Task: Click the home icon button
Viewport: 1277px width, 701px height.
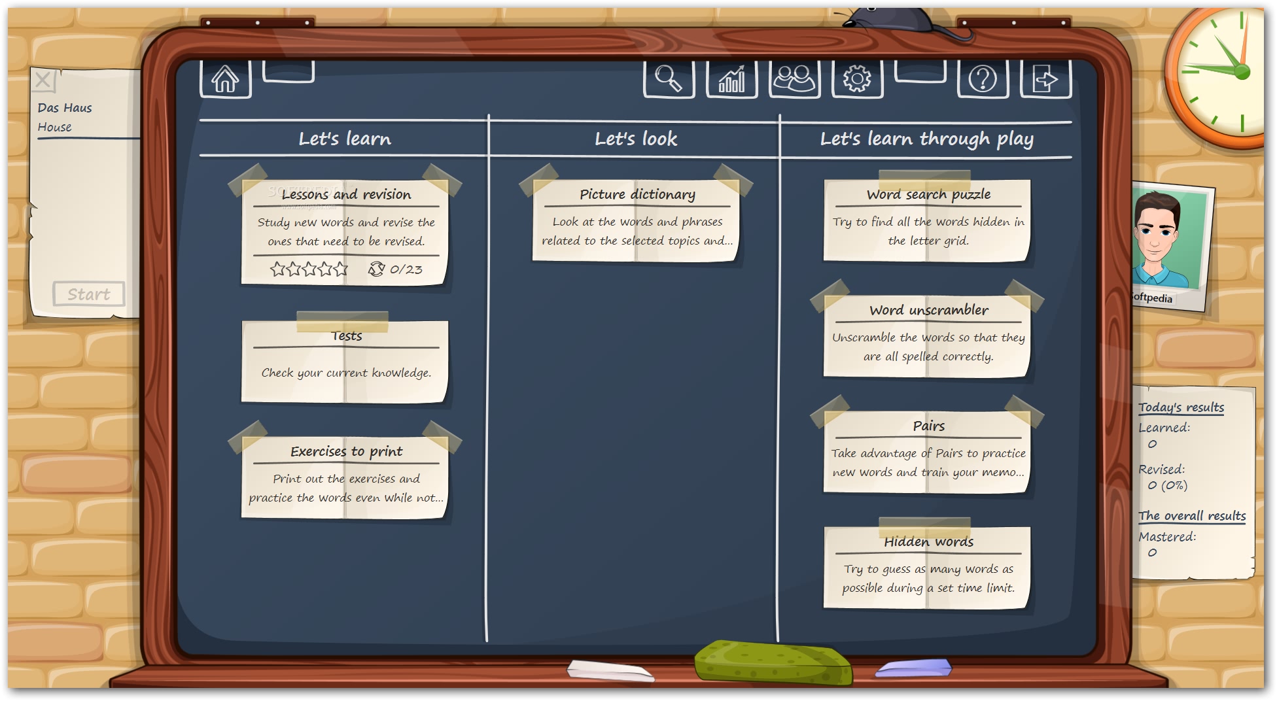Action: pos(225,79)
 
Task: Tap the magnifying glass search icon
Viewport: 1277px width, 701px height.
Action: pos(669,78)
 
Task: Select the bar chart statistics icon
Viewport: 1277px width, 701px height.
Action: pos(731,79)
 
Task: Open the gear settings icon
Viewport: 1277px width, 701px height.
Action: pos(857,78)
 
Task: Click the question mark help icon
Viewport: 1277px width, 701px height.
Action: pos(983,79)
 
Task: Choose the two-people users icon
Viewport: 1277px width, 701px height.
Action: pos(794,78)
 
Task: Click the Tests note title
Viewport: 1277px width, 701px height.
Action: pos(346,335)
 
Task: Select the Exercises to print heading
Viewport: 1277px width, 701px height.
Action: pos(346,451)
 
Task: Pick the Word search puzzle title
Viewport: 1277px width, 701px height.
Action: pos(928,194)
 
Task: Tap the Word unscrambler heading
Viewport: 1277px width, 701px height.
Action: pos(928,310)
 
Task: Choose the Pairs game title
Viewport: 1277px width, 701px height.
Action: pos(928,426)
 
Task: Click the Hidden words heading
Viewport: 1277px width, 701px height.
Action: pos(928,541)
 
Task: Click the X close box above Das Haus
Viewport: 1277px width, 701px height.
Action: pos(43,80)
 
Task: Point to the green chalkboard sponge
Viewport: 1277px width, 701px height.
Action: pos(773,662)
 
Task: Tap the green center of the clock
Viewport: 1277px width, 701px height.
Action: pos(1241,72)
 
